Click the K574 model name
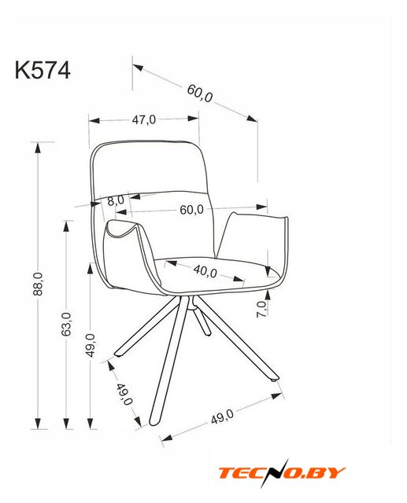click(x=43, y=70)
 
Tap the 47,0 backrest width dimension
click(x=144, y=119)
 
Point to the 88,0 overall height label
click(x=38, y=284)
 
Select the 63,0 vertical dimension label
click(x=66, y=324)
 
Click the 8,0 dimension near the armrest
click(x=116, y=201)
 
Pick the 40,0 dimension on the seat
click(x=205, y=271)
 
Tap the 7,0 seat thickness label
click(x=262, y=309)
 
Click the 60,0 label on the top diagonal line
click(x=200, y=93)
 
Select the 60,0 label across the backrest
click(x=192, y=210)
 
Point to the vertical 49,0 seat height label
click(x=91, y=345)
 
